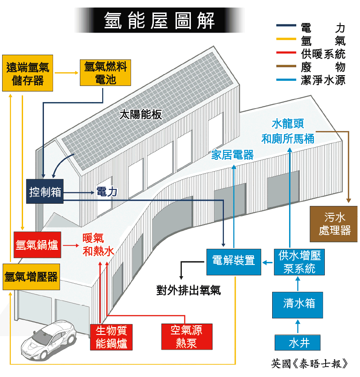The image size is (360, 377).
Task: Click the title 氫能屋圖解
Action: (x=159, y=20)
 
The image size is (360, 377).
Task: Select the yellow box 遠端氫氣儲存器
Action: (x=28, y=73)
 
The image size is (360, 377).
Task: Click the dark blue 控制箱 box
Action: (x=45, y=191)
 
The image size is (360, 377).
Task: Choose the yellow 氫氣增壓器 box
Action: (x=30, y=277)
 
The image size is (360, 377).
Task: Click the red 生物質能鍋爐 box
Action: (x=111, y=337)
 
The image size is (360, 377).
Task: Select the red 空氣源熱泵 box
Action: (x=187, y=336)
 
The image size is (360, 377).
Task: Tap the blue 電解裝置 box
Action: (x=233, y=261)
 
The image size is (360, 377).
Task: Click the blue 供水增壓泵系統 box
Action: (x=300, y=261)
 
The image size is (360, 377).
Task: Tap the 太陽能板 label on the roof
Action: (x=140, y=114)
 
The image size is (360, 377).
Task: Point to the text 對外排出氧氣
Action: (x=189, y=290)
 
